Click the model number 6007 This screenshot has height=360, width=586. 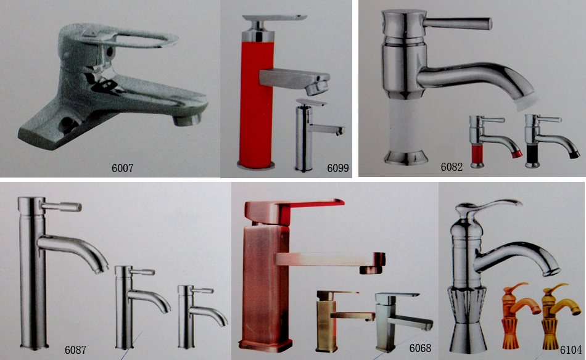point(123,168)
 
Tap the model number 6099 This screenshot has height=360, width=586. point(338,168)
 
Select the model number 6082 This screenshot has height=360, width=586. point(452,166)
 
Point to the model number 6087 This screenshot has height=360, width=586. point(75,350)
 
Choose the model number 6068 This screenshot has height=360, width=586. point(421,348)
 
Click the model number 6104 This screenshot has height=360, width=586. point(571,350)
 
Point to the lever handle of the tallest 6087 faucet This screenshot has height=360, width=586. point(61,207)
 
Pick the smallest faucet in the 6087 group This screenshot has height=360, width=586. point(200,316)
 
